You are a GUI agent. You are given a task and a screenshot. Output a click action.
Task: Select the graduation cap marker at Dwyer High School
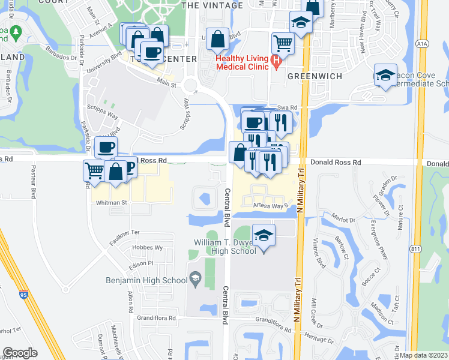tap(263, 235)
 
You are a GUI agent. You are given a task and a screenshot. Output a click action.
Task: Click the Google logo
tap(20, 353)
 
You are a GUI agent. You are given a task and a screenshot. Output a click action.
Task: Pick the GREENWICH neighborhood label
tap(315, 77)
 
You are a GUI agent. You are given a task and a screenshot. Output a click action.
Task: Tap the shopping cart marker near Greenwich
tap(283, 43)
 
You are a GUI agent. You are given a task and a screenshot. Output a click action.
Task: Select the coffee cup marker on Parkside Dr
tap(106, 147)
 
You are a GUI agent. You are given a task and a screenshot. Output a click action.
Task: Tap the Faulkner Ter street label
tap(125, 232)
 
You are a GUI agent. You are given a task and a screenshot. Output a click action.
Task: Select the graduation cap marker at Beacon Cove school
tap(385, 75)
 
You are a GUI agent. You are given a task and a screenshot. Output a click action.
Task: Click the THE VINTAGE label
tap(212, 5)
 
